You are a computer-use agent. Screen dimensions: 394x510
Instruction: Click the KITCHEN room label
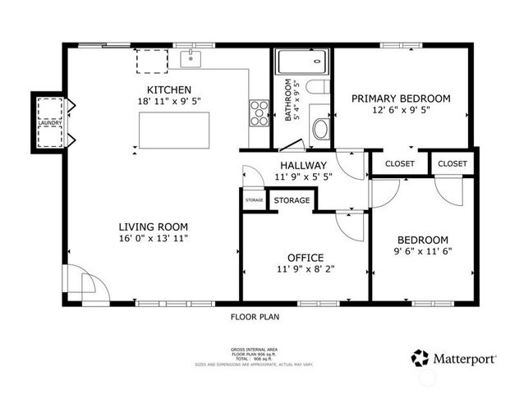pos(169,89)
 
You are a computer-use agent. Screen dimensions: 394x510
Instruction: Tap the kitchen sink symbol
pos(191,57)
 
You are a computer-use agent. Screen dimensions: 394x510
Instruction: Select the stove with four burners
pos(260,112)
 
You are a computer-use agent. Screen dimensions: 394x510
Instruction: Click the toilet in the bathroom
pos(321,129)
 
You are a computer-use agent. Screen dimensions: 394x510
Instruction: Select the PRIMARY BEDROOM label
pos(401,98)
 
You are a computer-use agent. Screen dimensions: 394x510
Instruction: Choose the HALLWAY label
pos(303,165)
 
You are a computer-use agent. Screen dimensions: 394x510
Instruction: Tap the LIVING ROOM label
pos(154,227)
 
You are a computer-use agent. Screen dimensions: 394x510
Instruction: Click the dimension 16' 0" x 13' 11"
pos(154,239)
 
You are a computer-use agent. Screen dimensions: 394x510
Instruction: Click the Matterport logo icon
pos(420,358)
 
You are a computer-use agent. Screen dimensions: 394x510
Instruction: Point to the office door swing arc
pos(348,226)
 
